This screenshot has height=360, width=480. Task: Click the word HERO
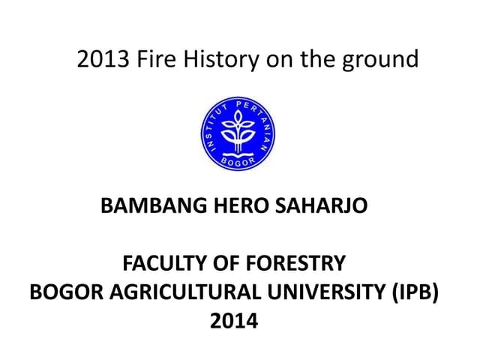click(217, 204)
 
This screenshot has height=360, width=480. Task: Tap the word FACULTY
click(159, 264)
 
